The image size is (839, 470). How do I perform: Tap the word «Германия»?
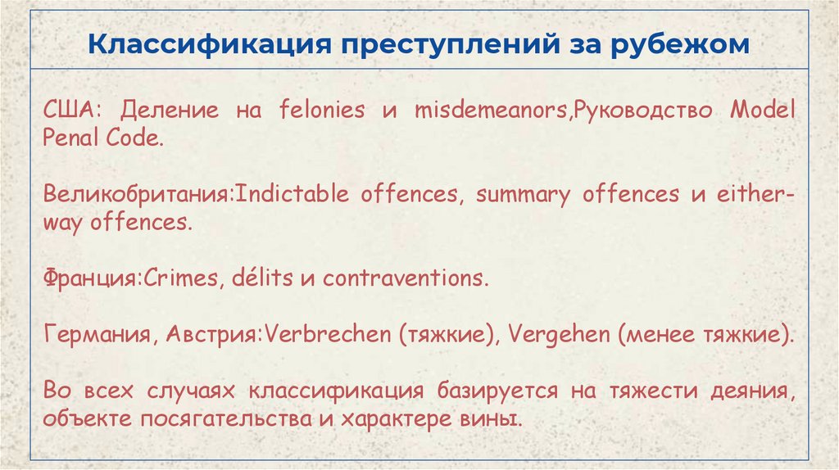(96, 334)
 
